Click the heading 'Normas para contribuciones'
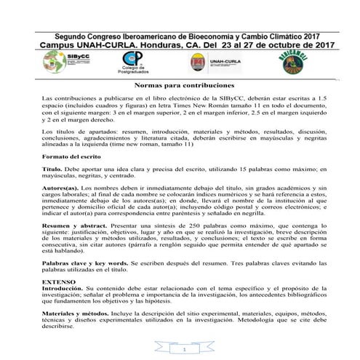[x=180, y=86]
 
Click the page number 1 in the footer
[x=185, y=350]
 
